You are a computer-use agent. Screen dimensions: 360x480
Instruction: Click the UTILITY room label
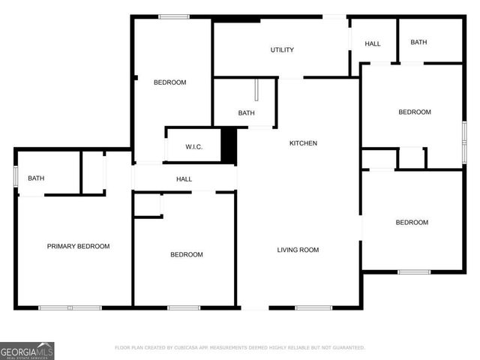coord(282,50)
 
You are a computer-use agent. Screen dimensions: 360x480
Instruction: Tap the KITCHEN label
coord(303,143)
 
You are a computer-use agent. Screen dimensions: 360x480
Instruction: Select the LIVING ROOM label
coord(298,250)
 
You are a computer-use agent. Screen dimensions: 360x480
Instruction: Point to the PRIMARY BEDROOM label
coord(78,247)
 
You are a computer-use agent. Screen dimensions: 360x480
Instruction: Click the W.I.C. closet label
coord(193,147)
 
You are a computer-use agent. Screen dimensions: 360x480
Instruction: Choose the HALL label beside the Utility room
coord(373,44)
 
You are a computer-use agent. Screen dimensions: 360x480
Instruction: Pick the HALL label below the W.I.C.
coord(184,179)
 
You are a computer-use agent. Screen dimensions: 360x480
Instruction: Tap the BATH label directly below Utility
coord(246,113)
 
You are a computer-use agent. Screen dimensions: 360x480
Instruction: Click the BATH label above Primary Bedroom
coord(36,178)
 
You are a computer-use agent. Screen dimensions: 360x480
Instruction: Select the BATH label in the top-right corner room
coord(418,42)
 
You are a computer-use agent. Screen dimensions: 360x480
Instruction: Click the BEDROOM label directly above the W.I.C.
coord(169,82)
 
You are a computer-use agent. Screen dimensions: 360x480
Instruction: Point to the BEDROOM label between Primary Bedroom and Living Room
coord(186,255)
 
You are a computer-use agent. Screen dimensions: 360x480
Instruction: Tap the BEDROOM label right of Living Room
coord(412,223)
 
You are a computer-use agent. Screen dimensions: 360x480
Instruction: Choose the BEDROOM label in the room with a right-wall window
coord(414,112)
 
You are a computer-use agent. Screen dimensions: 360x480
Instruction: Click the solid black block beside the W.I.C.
coord(229,145)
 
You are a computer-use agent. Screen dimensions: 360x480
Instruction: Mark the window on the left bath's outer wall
coord(16,179)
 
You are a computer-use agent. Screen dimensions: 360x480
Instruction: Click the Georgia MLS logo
coord(27,351)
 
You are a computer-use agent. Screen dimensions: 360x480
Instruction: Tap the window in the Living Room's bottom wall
coord(313,307)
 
